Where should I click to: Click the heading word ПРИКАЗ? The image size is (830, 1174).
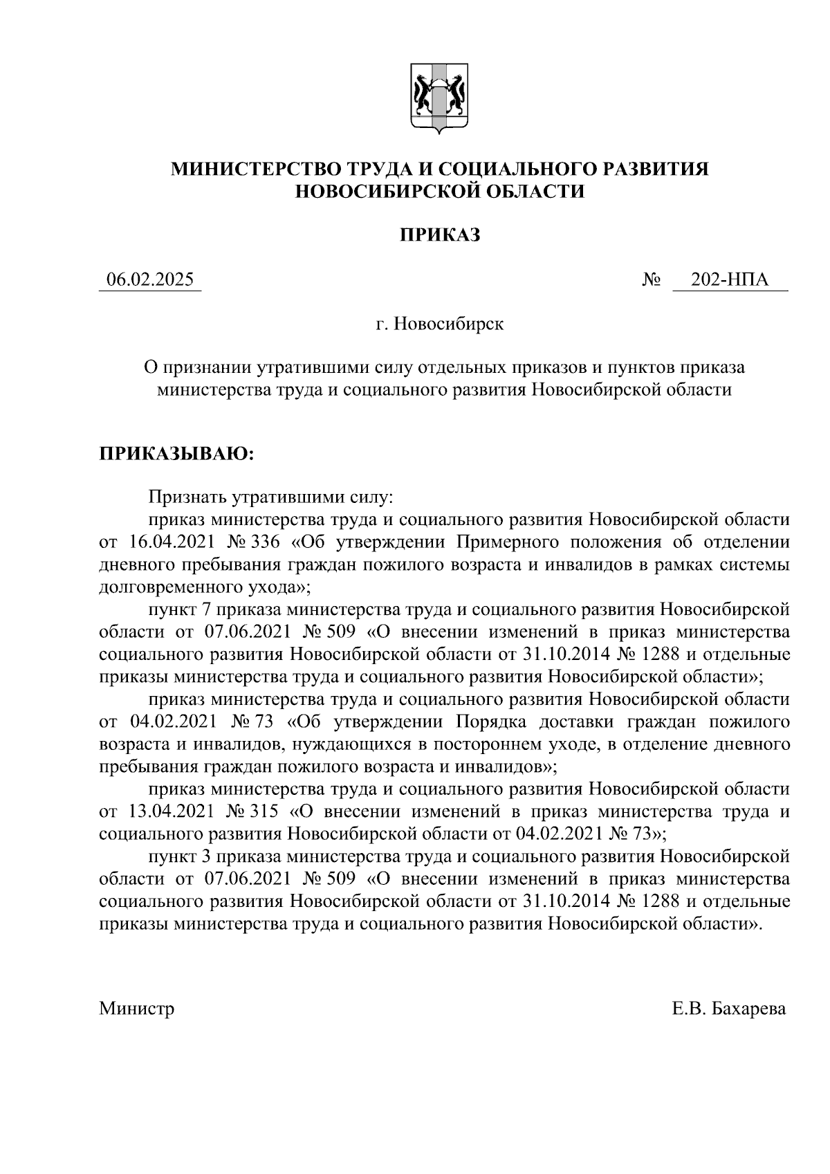pos(439,235)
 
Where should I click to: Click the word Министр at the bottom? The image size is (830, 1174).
pos(136,1009)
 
